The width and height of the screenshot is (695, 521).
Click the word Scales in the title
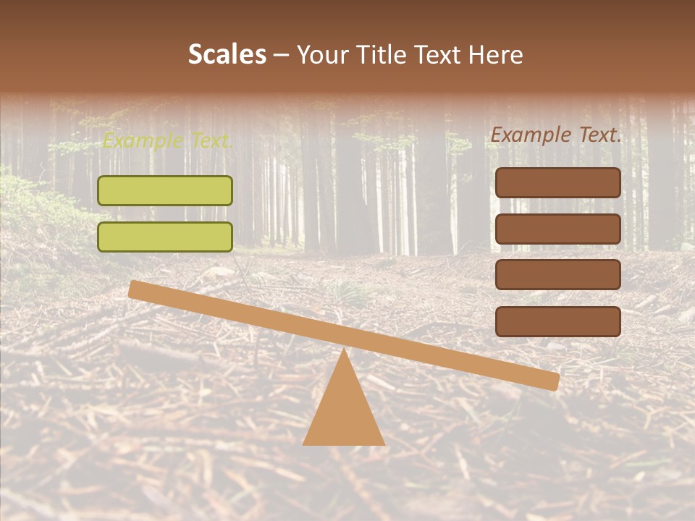pyautogui.click(x=227, y=54)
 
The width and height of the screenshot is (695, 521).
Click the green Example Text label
pyautogui.click(x=167, y=141)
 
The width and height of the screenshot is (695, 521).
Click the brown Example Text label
pyautogui.click(x=556, y=135)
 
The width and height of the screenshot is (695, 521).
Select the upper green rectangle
pyautogui.click(x=165, y=190)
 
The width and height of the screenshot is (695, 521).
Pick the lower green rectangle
pyautogui.click(x=165, y=237)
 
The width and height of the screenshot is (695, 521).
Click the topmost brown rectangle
pyautogui.click(x=557, y=182)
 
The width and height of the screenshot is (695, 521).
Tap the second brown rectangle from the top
pyautogui.click(x=557, y=229)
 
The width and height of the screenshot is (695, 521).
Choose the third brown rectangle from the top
pyautogui.click(x=557, y=275)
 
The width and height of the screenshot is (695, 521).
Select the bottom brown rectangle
pyautogui.click(x=557, y=321)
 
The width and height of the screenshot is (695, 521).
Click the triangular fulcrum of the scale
pyautogui.click(x=343, y=412)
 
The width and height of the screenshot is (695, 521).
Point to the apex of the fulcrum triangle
pyautogui.click(x=343, y=350)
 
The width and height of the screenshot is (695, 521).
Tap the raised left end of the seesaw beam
pyautogui.click(x=135, y=289)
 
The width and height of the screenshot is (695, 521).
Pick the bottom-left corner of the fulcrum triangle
pyautogui.click(x=304, y=444)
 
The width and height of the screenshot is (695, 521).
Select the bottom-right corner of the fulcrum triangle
pyautogui.click(x=384, y=444)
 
